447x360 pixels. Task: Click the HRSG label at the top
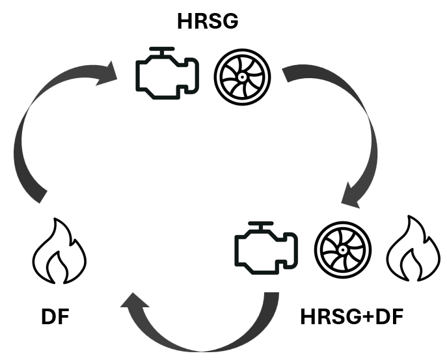(x=208, y=21)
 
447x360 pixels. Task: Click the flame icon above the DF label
(x=59, y=254)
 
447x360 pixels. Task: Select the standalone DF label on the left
(x=53, y=318)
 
